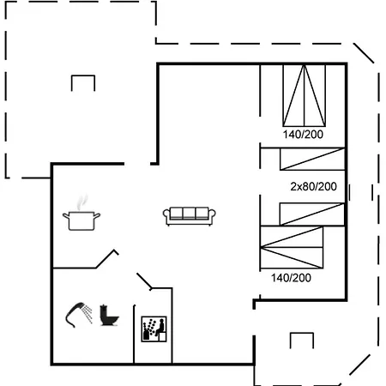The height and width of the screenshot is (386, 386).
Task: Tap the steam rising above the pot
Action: [81, 203]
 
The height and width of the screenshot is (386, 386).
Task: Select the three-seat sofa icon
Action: [188, 216]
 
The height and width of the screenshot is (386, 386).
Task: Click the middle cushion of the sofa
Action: [188, 214]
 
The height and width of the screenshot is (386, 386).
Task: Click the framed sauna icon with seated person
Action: [152, 328]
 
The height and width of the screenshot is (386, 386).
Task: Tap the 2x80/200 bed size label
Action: [313, 186]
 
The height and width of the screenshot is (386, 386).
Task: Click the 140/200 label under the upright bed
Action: [304, 135]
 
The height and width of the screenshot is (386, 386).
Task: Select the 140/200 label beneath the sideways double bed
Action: [291, 278]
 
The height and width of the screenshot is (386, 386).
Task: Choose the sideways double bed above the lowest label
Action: [296, 249]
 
